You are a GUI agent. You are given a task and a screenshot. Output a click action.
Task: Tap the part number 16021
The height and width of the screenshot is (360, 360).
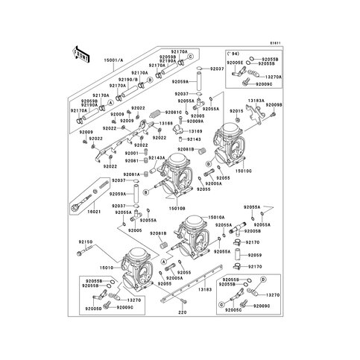point(93,212)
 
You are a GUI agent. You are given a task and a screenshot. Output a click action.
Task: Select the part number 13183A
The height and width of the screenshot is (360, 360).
point(257,99)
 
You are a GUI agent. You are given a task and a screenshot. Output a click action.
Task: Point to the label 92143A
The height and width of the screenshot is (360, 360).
point(156,158)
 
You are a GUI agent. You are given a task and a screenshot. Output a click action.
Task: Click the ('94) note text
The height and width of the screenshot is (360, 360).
point(233,54)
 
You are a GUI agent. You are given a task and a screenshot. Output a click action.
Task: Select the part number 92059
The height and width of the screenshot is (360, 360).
point(254,255)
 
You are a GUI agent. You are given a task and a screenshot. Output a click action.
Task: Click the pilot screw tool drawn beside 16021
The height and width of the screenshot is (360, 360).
point(83,201)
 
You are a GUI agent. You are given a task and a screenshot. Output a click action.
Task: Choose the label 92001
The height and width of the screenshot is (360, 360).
point(131,153)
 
